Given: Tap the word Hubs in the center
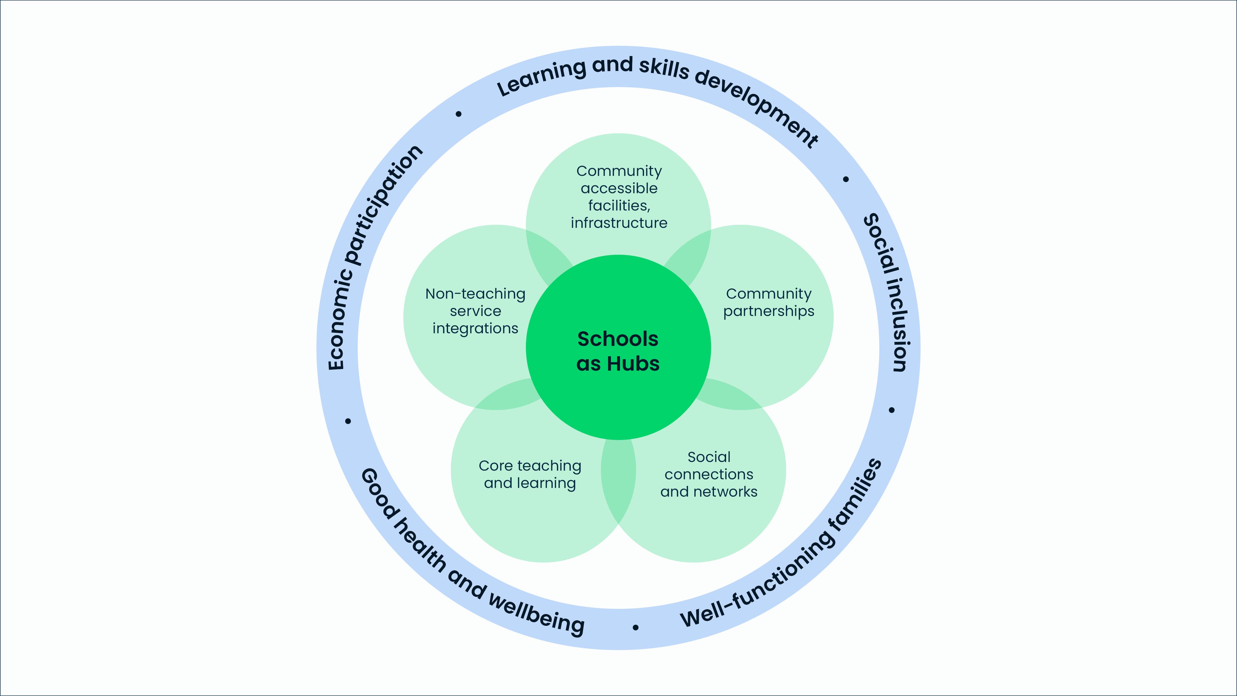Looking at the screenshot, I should click(x=633, y=364).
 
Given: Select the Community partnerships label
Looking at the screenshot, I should click(x=769, y=302).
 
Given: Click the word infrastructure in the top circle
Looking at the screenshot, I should click(x=619, y=223).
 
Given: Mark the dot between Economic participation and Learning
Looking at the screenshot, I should click(x=459, y=114).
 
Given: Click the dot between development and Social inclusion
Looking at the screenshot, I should click(x=846, y=179).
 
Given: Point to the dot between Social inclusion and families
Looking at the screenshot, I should click(x=892, y=410).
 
